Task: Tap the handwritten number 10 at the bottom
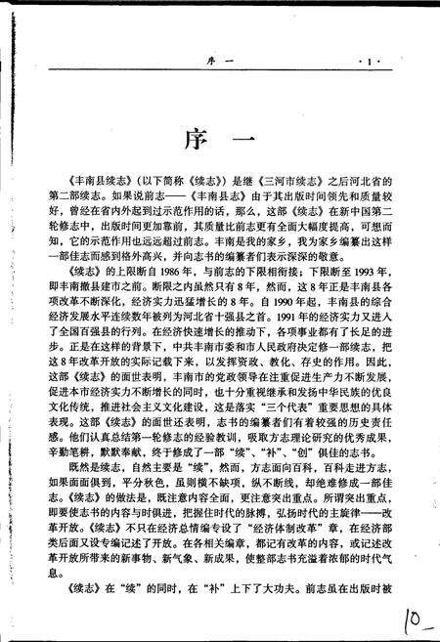pos(413,618)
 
